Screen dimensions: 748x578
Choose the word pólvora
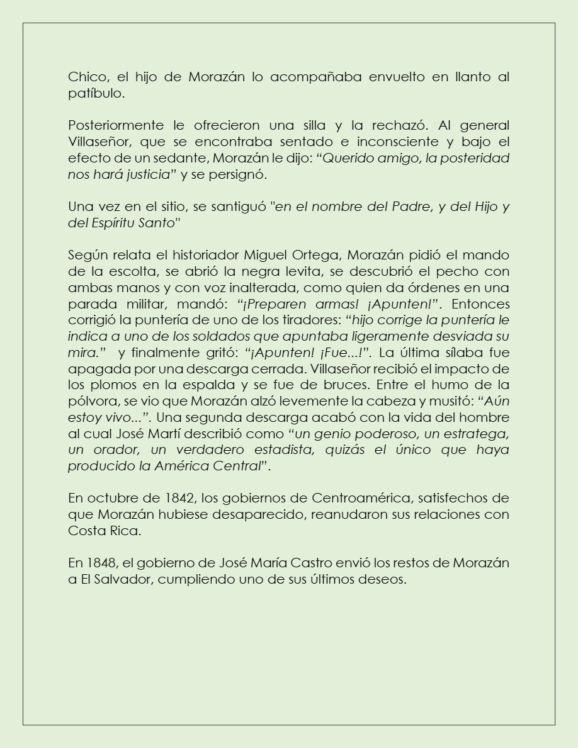(89, 401)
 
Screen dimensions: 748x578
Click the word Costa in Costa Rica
(87, 531)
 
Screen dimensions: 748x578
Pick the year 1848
(100, 562)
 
